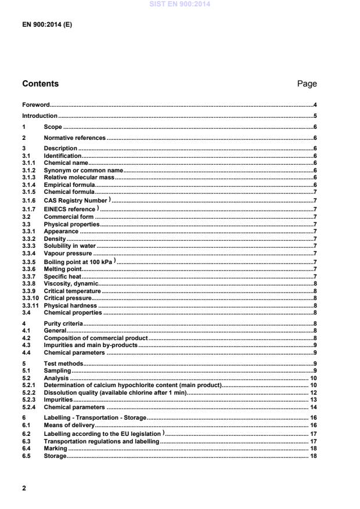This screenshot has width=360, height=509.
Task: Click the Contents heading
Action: click(x=40, y=84)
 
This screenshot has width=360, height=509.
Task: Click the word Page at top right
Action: click(x=307, y=84)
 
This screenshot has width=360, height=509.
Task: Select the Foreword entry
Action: click(x=36, y=105)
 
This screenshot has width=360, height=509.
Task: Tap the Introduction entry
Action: click(x=39, y=115)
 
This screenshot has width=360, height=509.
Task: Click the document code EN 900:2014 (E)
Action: click(x=47, y=26)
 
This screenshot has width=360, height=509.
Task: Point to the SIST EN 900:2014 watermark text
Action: click(x=179, y=4)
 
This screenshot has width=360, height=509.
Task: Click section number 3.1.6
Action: click(x=29, y=200)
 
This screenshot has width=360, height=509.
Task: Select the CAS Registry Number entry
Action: click(x=76, y=200)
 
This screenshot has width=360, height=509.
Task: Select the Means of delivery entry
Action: click(x=69, y=425)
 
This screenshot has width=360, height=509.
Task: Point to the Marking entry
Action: click(x=55, y=448)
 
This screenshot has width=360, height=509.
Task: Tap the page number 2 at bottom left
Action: click(x=24, y=488)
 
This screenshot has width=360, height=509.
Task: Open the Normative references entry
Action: click(x=74, y=138)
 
